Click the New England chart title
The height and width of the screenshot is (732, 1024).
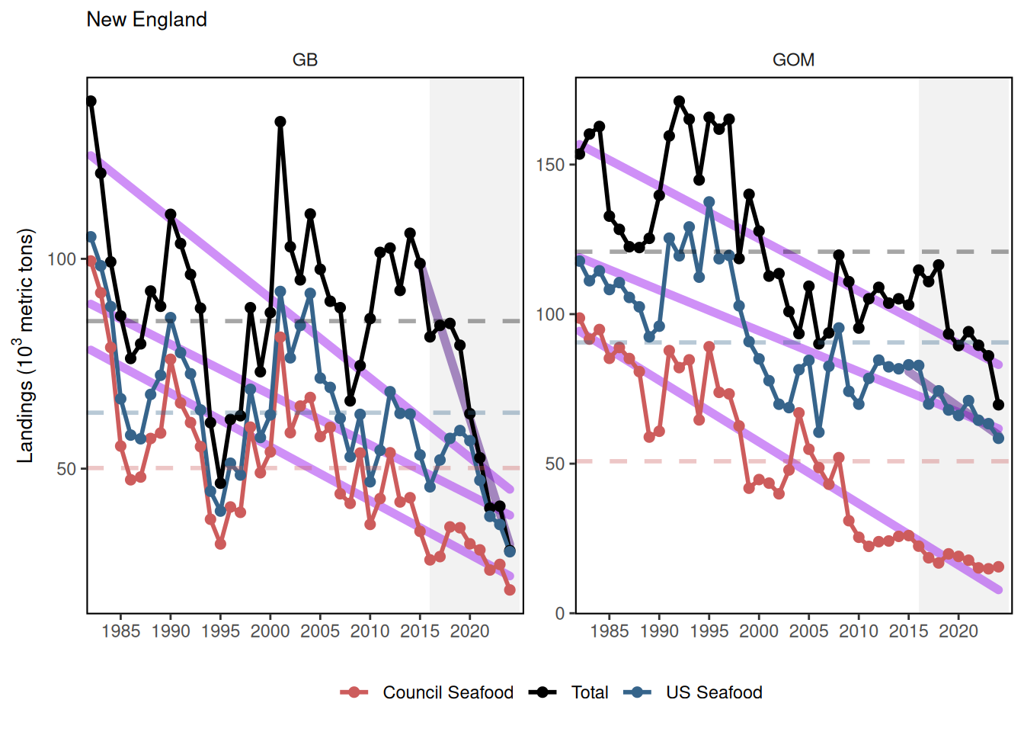(x=146, y=20)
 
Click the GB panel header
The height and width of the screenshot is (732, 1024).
(x=305, y=60)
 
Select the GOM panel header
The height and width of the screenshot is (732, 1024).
(x=793, y=60)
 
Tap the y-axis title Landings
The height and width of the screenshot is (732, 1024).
(x=26, y=345)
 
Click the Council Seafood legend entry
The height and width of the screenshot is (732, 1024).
(x=447, y=692)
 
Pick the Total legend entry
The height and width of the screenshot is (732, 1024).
(x=590, y=692)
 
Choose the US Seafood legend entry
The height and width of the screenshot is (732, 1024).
(x=713, y=692)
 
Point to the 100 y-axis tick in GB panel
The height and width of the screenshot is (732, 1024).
(x=62, y=259)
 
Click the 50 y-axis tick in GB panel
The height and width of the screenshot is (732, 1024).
(x=66, y=469)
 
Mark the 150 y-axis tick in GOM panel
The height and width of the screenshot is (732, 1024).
(x=550, y=165)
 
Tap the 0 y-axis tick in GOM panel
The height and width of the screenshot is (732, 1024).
(x=560, y=613)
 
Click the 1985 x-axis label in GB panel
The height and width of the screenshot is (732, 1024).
(x=120, y=631)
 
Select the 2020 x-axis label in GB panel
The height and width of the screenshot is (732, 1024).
(x=469, y=631)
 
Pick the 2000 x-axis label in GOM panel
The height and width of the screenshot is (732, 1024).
(x=759, y=631)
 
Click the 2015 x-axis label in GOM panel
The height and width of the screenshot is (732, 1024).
(x=908, y=631)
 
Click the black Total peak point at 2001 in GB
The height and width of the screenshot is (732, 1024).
(x=280, y=122)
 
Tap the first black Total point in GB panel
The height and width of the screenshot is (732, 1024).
(x=91, y=101)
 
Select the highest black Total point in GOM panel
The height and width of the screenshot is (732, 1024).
(x=679, y=101)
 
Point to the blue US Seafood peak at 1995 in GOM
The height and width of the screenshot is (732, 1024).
(x=709, y=202)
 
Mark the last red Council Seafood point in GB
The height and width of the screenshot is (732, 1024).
(x=510, y=589)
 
